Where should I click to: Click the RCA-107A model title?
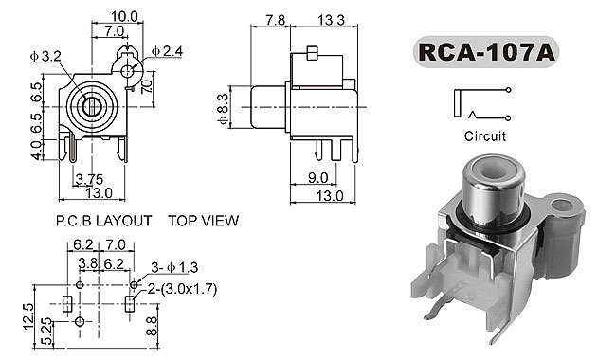click(486, 52)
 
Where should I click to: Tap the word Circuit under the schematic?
click(485, 136)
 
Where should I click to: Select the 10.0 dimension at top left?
click(124, 16)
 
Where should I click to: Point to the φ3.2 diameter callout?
click(45, 57)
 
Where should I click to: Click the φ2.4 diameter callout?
click(168, 51)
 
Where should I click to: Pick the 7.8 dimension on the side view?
click(276, 20)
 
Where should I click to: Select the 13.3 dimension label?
click(331, 20)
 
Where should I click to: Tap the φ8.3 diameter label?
click(223, 109)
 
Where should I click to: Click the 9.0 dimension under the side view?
click(317, 178)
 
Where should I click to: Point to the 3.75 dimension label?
click(89, 179)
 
